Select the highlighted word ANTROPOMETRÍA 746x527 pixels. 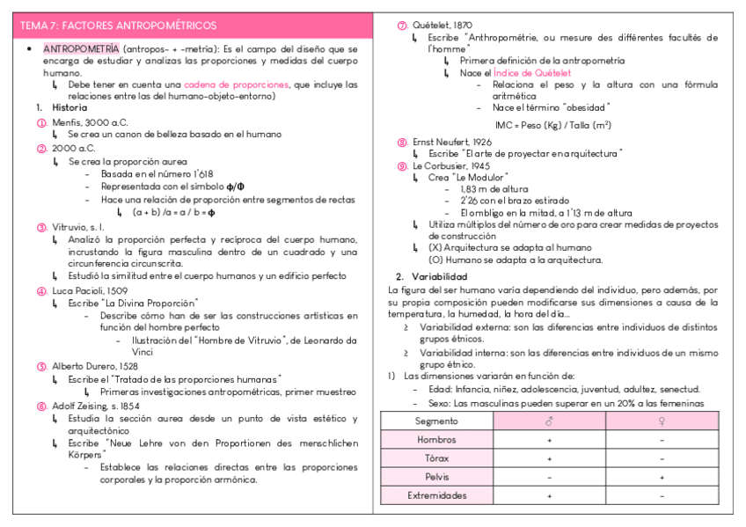pos(82,49)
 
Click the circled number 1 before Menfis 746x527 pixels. pos(41,122)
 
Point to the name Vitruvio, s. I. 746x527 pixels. pos(77,227)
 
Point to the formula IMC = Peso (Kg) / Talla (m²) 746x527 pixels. pos(553,124)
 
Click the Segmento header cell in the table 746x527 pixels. pos(436,421)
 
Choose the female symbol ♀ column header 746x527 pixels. pos(662,421)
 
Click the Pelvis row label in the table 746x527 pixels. pos(436,477)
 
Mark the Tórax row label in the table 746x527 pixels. pos(436,457)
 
